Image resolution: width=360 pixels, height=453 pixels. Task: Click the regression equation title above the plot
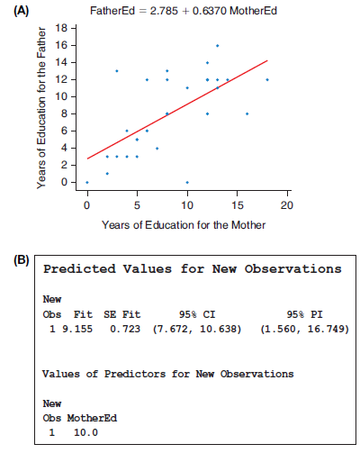184,11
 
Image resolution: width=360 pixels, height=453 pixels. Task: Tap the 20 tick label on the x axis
287,205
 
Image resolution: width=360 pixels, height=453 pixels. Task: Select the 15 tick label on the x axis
237,205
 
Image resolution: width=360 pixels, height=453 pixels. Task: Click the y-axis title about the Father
41,108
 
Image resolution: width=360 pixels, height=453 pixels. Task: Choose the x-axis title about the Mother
184,225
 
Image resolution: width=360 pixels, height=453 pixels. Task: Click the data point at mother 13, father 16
218,46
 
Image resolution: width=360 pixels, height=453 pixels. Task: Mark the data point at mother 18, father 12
267,80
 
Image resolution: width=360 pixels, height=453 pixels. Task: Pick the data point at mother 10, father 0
187,182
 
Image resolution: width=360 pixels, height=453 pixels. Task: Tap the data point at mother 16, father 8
247,113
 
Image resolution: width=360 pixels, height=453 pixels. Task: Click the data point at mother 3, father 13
117,71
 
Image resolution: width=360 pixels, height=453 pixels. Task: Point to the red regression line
177,110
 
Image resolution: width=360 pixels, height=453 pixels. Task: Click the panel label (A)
22,11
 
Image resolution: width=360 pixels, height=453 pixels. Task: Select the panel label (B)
22,260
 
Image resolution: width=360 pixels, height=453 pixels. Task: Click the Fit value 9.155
77,329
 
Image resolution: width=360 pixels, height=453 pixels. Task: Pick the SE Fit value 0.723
125,329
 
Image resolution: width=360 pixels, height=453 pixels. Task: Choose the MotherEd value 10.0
85,432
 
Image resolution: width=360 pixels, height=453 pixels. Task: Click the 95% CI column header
197,314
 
